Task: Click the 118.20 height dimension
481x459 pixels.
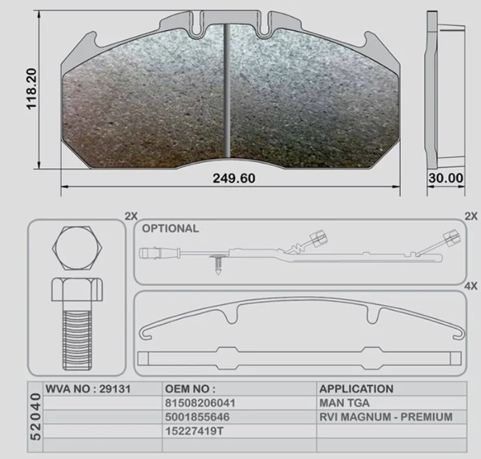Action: (x=31, y=89)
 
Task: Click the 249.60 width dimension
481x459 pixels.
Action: (x=234, y=178)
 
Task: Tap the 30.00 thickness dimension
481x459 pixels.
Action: (x=446, y=178)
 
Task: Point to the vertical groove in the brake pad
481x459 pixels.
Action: (x=227, y=90)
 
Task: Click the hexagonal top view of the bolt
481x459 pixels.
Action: (x=77, y=248)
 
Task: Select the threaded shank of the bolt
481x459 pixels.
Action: (x=77, y=340)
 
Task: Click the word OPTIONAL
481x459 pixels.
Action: (x=170, y=228)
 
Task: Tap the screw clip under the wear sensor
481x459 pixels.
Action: (x=218, y=264)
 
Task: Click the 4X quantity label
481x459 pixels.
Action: (x=471, y=287)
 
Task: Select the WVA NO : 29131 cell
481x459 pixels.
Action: (x=88, y=389)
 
